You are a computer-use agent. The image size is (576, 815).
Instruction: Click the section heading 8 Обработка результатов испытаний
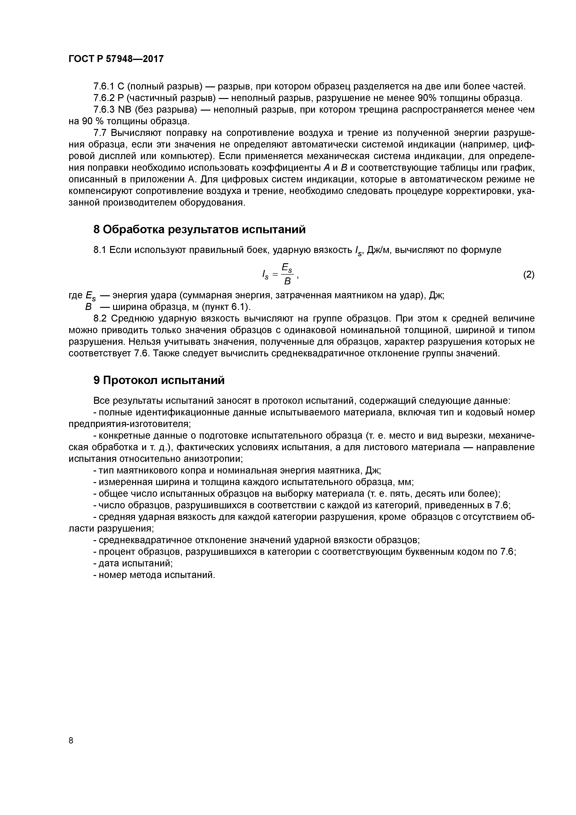[x=199, y=230]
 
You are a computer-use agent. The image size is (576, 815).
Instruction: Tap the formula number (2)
[x=528, y=274]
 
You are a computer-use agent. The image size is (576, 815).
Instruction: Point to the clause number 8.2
[x=100, y=319]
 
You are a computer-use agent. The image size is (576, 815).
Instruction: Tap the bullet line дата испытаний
[x=135, y=563]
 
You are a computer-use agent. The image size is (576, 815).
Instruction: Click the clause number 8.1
[x=100, y=250]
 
